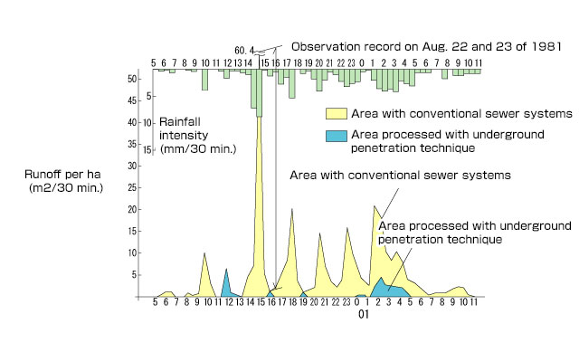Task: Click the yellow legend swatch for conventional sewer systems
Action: coord(337,114)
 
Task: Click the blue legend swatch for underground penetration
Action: coord(337,135)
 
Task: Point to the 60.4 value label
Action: coord(244,50)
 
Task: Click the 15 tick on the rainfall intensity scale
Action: coord(146,144)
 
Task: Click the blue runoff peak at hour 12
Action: coord(227,270)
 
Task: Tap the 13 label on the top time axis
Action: coord(238,63)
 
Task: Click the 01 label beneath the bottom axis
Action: coord(362,316)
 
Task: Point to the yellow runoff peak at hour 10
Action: coord(204,254)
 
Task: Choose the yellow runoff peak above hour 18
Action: coord(292,210)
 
